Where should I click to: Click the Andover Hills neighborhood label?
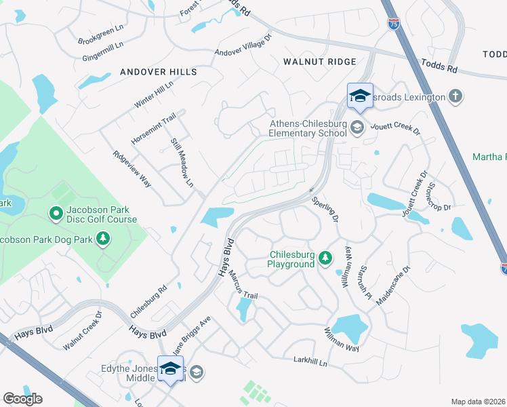click(159, 72)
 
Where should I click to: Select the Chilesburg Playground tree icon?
click(326, 257)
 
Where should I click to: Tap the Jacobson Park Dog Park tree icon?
click(103, 238)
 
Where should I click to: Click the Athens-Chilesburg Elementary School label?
click(308, 128)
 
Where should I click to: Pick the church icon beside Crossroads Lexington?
click(455, 97)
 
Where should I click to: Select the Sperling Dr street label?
click(325, 209)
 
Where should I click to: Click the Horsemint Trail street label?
click(153, 128)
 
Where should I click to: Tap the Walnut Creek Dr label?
click(82, 330)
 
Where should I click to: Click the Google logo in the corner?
click(22, 398)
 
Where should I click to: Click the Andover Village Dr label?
click(243, 45)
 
